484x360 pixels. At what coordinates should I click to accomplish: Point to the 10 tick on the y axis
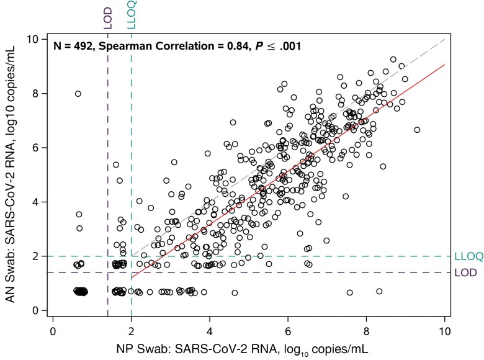point(41,39)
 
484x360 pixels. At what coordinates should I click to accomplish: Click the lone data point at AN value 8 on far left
point(78,94)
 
